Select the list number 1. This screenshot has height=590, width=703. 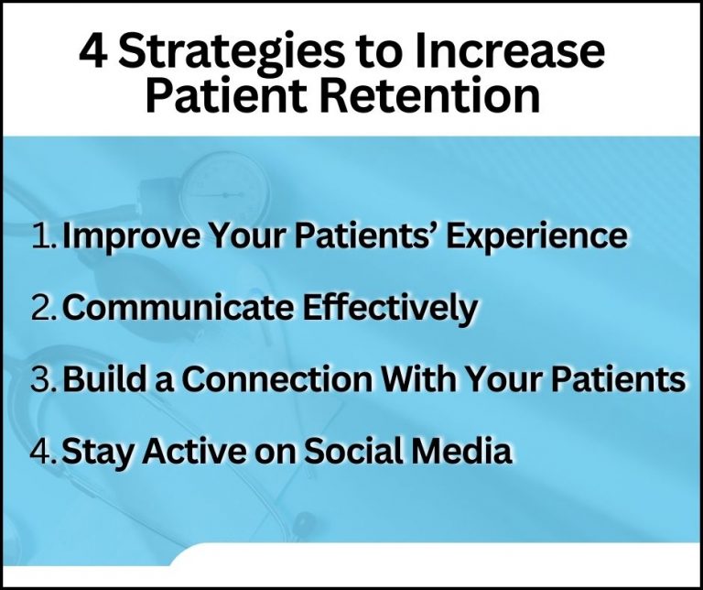41,235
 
